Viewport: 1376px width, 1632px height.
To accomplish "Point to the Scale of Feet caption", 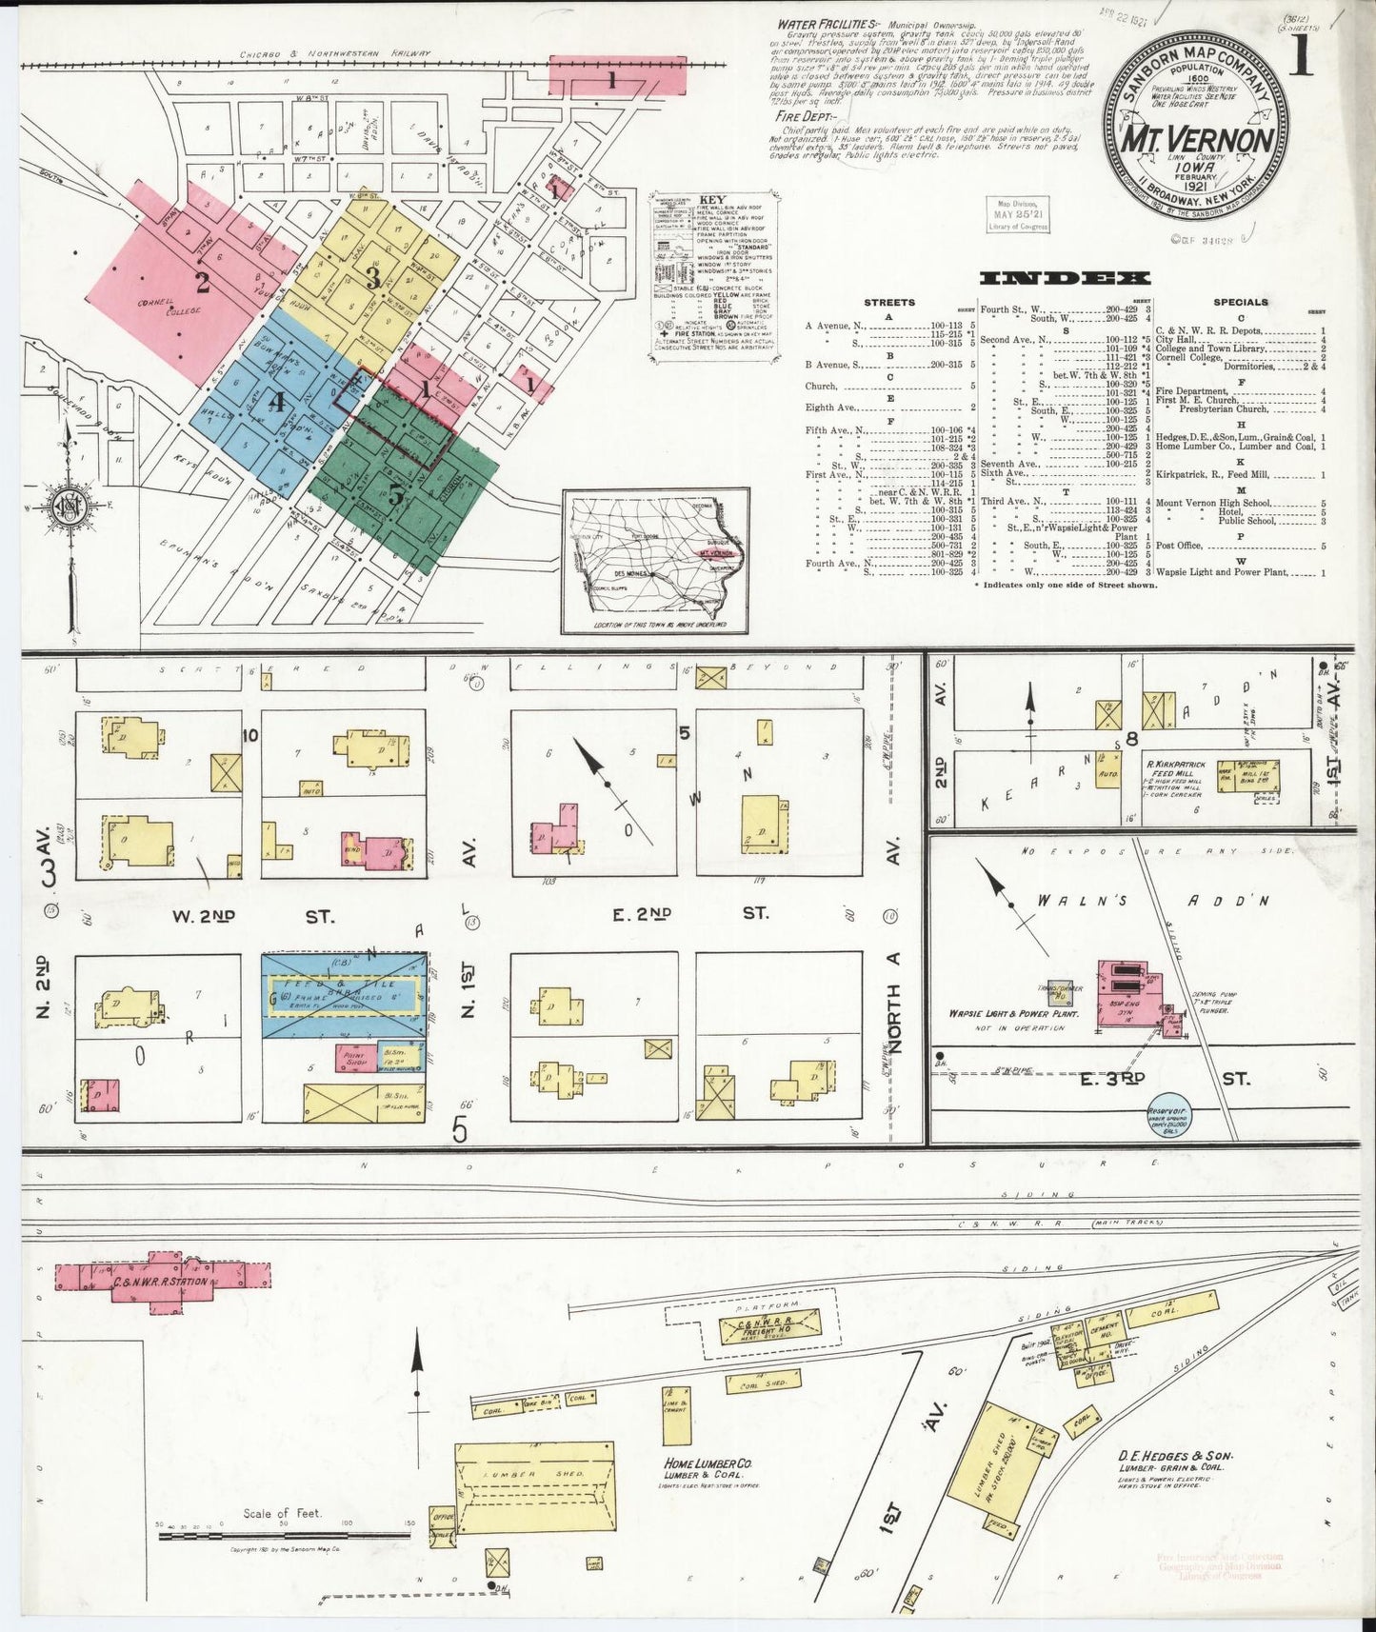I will coord(282,1513).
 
